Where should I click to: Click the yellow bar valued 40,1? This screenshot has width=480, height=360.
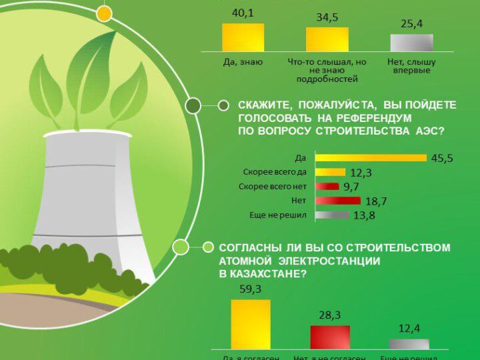coord(243,38)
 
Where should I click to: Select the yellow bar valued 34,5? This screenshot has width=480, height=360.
coord(327,40)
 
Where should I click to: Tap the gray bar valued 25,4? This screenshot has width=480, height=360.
coord(411,43)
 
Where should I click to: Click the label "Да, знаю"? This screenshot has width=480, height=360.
coord(243,62)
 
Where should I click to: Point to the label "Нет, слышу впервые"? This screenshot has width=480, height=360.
coord(411,66)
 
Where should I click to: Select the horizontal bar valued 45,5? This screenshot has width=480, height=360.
coord(371,158)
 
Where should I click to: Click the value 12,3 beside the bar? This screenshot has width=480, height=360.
coord(361,173)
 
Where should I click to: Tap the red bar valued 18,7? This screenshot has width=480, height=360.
coord(338,201)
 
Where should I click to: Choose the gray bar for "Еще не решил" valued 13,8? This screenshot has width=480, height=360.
coord(332,215)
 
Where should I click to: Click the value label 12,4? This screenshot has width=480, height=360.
coord(409,329)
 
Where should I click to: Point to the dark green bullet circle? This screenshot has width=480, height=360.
coord(193,105)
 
